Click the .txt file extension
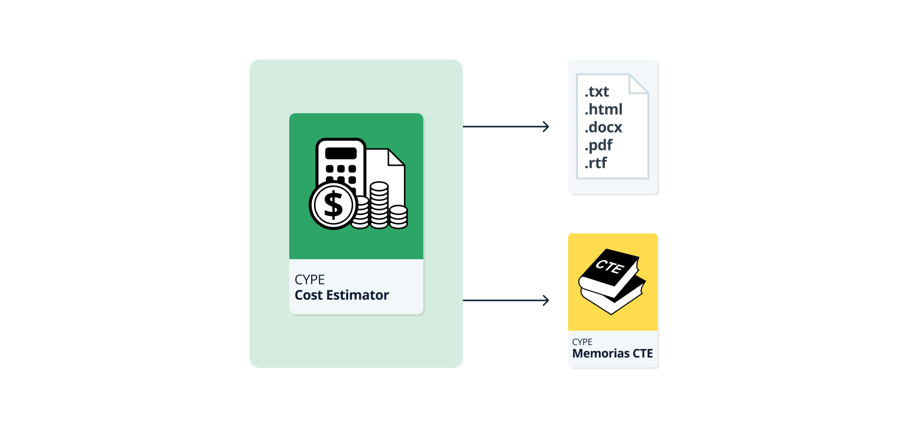[596, 92]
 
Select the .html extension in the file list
[603, 109]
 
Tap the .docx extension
[603, 127]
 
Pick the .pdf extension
[598, 145]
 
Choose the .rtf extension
[595, 163]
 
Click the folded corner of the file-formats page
[639, 84]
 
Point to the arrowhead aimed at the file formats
[546, 127]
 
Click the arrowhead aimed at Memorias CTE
[546, 300]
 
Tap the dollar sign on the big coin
[333, 205]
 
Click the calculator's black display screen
[341, 153]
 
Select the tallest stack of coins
[379, 205]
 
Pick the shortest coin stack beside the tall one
[398, 217]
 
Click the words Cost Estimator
[342, 295]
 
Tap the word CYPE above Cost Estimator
[310, 280]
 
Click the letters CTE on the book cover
[610, 267]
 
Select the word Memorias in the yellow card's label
[601, 354]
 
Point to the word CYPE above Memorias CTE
[582, 342]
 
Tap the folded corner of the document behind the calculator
[396, 157]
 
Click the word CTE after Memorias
[643, 354]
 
